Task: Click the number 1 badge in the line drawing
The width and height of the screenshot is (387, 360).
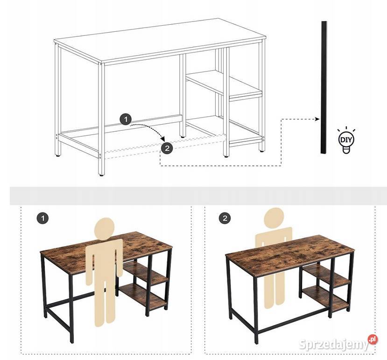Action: click(126, 120)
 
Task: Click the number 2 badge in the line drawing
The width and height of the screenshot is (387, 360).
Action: click(167, 148)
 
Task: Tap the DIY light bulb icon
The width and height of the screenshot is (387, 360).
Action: click(346, 140)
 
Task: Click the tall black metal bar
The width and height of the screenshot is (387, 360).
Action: click(324, 87)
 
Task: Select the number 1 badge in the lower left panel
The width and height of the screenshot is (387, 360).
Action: click(42, 218)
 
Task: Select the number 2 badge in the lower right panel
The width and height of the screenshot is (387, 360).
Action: click(225, 218)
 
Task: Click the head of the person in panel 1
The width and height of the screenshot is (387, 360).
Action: click(104, 228)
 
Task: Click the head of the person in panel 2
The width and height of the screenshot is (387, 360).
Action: click(274, 218)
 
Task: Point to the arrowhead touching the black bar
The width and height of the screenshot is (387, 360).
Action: click(317, 119)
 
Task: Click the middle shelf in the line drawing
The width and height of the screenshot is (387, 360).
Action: click(224, 84)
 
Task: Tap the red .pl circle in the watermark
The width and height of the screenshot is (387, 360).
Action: click(373, 339)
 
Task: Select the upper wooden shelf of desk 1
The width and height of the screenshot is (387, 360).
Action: click(146, 274)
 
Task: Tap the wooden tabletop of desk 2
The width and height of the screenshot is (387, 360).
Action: click(290, 254)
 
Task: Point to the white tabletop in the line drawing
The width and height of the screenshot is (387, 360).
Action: click(160, 41)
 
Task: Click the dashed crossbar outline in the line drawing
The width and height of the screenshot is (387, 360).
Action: click(165, 147)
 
